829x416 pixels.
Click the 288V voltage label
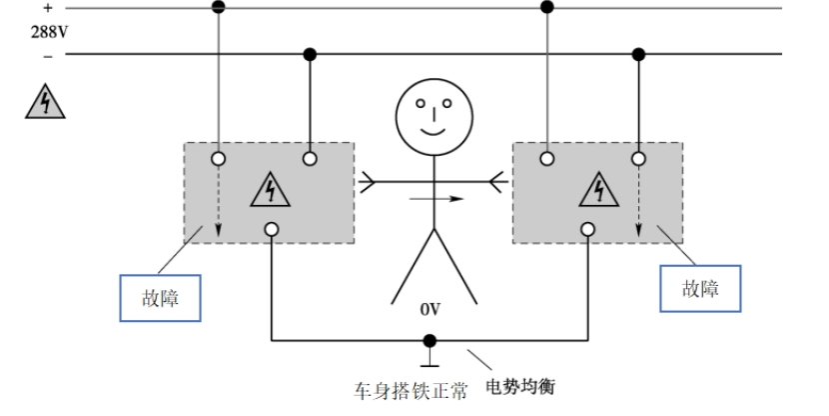point(49,30)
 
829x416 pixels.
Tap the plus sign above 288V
point(47,8)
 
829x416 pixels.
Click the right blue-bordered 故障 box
point(699,290)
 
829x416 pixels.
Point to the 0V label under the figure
point(430,310)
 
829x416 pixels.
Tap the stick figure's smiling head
point(430,113)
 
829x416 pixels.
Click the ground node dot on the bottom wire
point(430,341)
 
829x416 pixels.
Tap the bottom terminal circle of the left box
point(272,230)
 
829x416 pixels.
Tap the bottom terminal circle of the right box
point(587,230)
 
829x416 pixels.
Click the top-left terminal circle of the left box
point(219,158)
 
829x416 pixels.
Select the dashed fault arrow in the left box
point(219,205)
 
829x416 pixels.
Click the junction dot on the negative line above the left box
point(310,53)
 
